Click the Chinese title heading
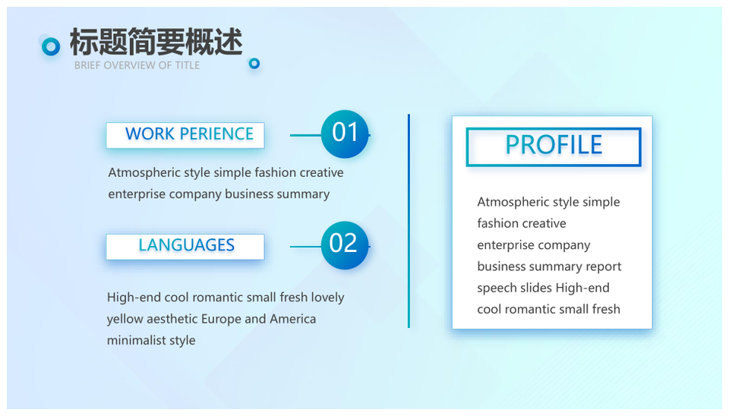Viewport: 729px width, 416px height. pos(156,42)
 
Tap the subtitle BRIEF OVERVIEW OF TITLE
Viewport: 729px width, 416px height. pos(137,65)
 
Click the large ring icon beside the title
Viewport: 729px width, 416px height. pos(51,46)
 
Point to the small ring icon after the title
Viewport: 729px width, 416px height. pos(254,63)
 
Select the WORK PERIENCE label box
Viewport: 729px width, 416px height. pos(185,135)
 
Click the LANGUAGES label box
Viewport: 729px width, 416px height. pos(185,247)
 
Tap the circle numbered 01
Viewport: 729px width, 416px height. pos(345,134)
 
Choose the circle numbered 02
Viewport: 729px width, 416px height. pos(345,245)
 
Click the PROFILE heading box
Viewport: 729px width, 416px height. pos(554,147)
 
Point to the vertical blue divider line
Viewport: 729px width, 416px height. pos(409,221)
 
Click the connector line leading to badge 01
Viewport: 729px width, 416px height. pos(305,135)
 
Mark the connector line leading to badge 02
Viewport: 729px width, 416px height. pos(305,247)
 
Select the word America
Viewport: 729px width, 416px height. pos(293,319)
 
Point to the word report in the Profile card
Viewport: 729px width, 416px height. pos(604,266)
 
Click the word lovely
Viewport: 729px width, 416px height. pos(328,298)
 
